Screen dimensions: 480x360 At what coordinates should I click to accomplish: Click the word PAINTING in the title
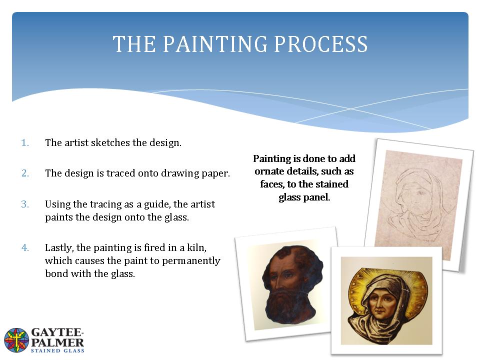pos(215,44)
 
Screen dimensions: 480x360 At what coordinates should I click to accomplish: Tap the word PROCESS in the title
pos(320,44)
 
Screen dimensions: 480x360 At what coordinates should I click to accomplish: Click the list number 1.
pos(25,142)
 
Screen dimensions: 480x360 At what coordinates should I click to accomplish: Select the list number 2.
pos(25,173)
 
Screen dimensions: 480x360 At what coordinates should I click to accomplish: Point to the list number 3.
pos(25,204)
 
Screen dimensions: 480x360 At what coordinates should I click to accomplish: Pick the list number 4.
pos(25,247)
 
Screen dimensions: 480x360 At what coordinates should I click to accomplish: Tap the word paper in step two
pos(215,173)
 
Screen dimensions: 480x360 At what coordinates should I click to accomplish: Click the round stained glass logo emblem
pos(16,340)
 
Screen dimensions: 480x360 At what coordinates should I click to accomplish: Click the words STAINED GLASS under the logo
pos(57,350)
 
